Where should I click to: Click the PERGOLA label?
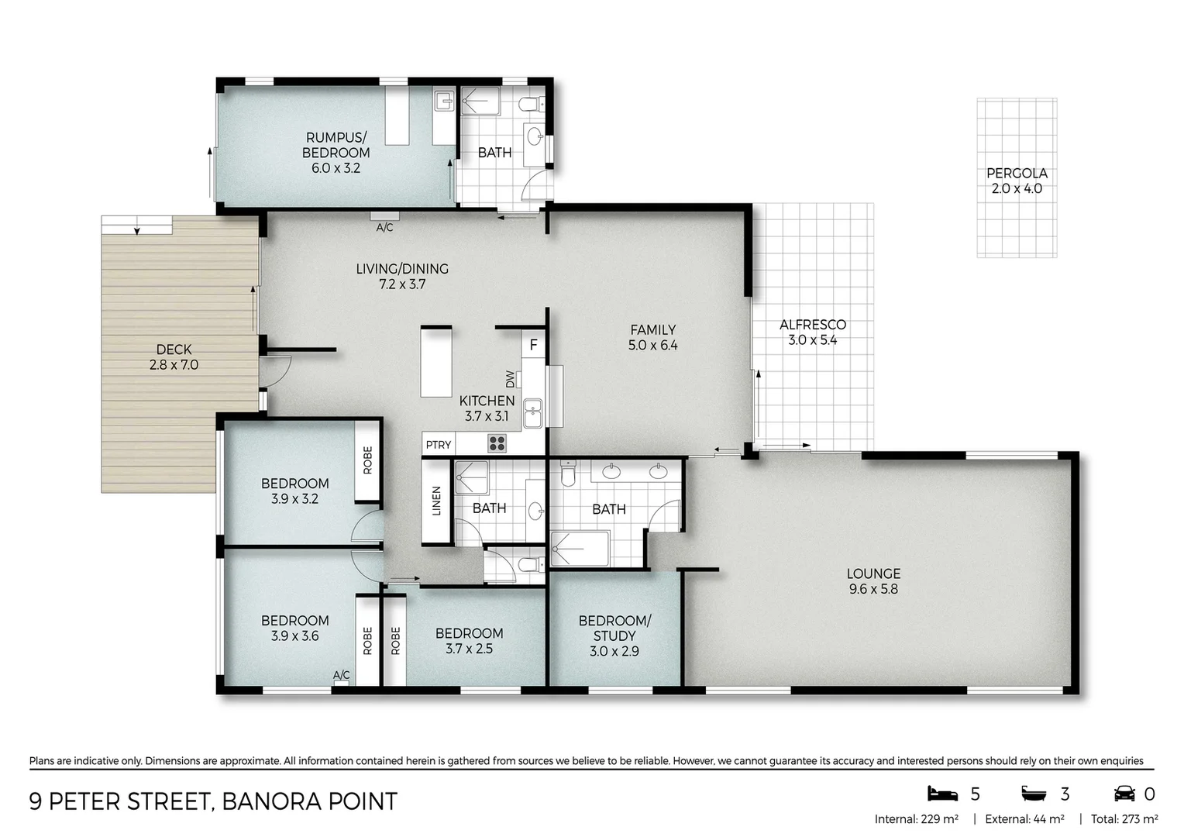tap(1016, 174)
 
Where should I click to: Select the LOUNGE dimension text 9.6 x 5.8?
tap(873, 589)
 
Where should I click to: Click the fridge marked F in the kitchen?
tap(533, 346)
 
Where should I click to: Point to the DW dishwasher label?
tap(510, 380)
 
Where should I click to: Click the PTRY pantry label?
tap(438, 445)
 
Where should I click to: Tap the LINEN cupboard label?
tap(436, 501)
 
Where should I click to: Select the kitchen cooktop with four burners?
tap(497, 443)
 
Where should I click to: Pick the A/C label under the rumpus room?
tap(384, 228)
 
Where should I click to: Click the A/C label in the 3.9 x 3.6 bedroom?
tap(341, 676)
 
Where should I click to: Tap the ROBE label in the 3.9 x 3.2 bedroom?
tap(367, 460)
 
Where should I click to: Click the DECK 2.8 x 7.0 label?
tap(174, 357)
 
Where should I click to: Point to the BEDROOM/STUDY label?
tap(614, 628)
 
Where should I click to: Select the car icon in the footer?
tap(1124, 794)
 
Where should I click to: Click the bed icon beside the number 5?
tap(942, 794)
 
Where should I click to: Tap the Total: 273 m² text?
tap(1124, 819)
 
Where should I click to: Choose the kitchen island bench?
tap(435, 362)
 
